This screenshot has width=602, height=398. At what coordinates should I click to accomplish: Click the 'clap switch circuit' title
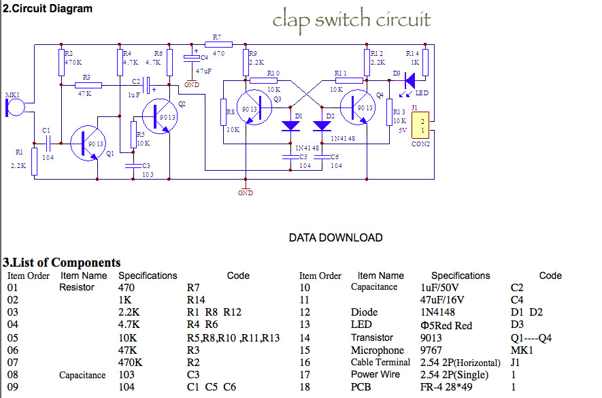click(x=352, y=19)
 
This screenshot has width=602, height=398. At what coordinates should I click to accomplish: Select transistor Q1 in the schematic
click(x=88, y=143)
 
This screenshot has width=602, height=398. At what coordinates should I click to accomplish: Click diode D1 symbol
click(x=291, y=127)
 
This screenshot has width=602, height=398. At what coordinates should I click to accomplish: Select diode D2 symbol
click(x=322, y=127)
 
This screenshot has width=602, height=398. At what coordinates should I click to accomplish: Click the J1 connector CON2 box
click(x=422, y=125)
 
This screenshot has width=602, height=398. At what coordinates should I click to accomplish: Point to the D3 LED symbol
click(x=409, y=81)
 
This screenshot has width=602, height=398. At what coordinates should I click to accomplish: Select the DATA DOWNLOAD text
click(x=335, y=237)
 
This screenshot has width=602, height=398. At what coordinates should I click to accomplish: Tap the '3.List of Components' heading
click(x=62, y=263)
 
